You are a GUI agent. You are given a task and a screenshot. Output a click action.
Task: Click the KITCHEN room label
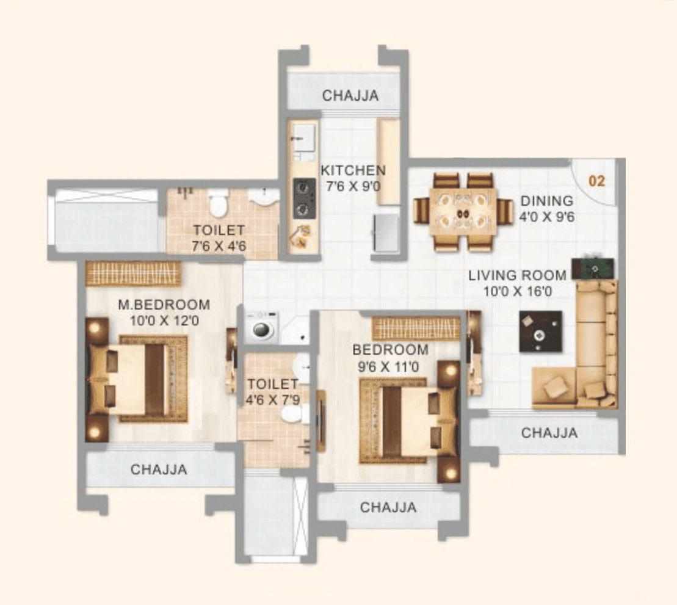tap(353, 170)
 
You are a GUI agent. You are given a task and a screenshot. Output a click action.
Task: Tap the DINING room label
tap(546, 201)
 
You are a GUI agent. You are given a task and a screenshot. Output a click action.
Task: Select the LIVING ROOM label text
tap(517, 276)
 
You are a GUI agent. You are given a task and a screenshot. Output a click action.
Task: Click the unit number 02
tap(596, 181)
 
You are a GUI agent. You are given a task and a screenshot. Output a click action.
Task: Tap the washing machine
tap(262, 327)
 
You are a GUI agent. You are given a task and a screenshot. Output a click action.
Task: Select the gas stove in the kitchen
tap(303, 198)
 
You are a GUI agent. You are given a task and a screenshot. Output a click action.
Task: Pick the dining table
tap(462, 212)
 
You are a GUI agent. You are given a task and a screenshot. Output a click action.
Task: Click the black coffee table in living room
tap(540, 331)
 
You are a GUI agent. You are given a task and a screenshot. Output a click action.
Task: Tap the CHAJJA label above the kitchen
tap(350, 96)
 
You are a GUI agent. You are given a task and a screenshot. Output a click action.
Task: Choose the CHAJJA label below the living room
tap(549, 433)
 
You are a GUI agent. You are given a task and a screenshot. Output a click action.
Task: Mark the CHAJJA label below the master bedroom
tap(159, 469)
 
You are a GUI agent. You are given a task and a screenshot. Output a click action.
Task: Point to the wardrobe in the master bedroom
tap(133, 274)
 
